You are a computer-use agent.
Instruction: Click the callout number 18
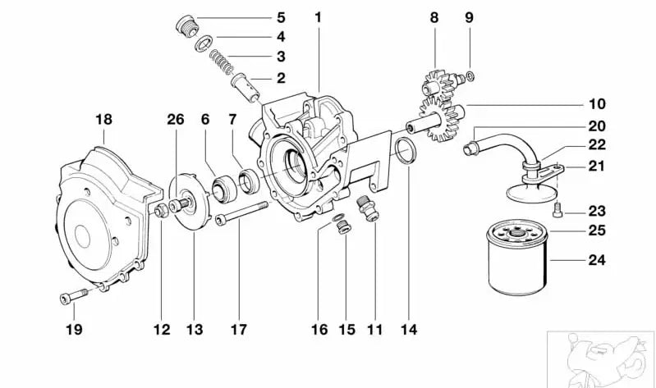[103, 120]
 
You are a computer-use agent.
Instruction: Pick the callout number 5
[280, 16]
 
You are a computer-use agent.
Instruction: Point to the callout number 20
[596, 126]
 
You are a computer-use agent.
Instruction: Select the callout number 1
[318, 16]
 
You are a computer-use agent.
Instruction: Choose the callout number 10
[596, 105]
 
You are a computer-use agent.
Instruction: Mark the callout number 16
[319, 330]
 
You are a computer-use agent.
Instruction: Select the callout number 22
[596, 145]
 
